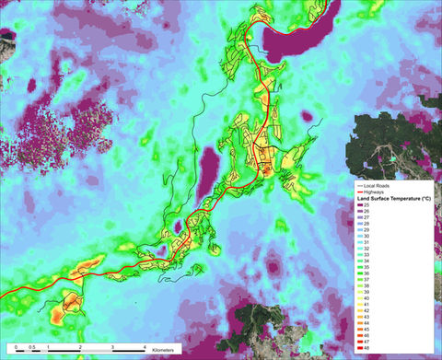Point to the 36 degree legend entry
coord(366,273)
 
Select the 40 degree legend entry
coord(366,296)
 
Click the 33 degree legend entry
coord(366,254)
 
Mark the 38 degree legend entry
coord(366,285)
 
